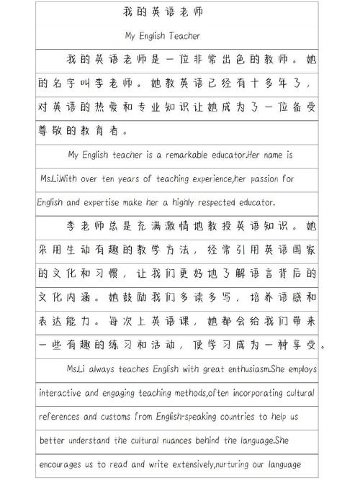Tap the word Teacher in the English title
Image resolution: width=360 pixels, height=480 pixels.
[x=185, y=35]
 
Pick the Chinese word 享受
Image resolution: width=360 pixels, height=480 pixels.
[x=307, y=345]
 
